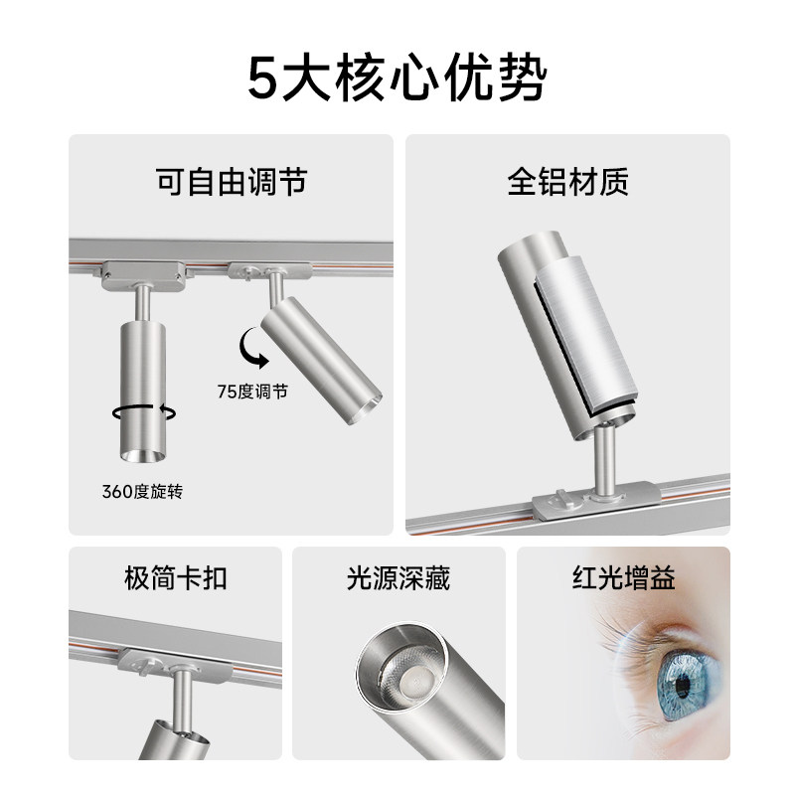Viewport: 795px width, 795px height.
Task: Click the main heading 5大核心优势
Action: [x=397, y=80]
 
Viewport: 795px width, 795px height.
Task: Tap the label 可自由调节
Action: [x=231, y=183]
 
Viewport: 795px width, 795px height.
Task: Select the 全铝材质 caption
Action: [x=567, y=183]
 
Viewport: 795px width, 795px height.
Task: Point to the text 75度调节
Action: [x=252, y=392]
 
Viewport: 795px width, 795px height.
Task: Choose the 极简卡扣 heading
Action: [x=175, y=578]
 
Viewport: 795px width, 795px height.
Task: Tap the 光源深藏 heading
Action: [x=398, y=578]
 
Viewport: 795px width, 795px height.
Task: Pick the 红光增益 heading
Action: [x=624, y=578]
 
